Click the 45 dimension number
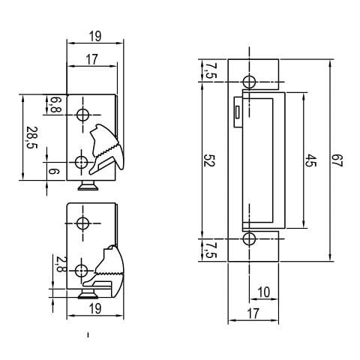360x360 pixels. click(x=309, y=160)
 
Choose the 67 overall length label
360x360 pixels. click(x=338, y=160)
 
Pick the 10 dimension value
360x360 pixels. click(x=263, y=291)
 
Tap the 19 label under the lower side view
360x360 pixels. click(x=94, y=308)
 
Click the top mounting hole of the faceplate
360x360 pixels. click(x=249, y=80)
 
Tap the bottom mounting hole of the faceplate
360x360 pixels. click(x=249, y=239)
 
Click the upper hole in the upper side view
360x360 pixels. click(x=82, y=115)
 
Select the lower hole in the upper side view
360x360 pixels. click(x=82, y=162)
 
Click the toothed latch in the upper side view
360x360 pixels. click(x=104, y=145)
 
